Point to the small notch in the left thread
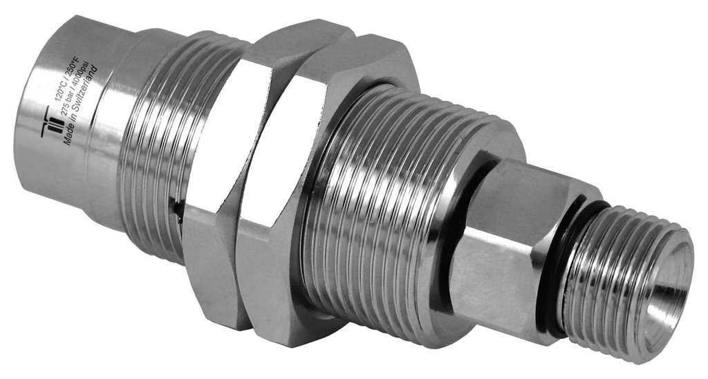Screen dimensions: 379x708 click(174, 205)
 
